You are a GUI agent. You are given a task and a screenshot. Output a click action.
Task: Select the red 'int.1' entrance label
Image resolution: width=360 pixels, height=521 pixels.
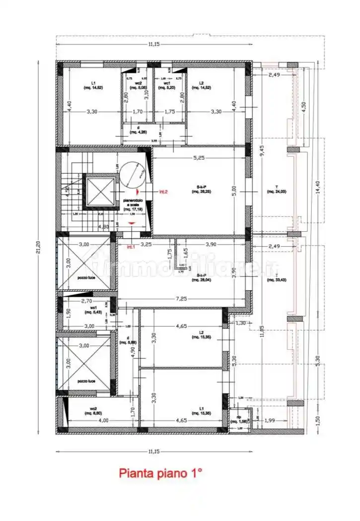[131, 247]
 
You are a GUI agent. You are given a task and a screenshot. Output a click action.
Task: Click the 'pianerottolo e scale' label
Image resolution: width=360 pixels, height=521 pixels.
[132, 205]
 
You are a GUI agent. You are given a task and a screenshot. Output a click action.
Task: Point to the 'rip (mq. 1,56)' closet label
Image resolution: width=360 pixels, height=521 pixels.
[239, 419]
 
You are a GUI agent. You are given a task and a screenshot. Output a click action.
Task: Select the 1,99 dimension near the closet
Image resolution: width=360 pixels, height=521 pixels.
[270, 421]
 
